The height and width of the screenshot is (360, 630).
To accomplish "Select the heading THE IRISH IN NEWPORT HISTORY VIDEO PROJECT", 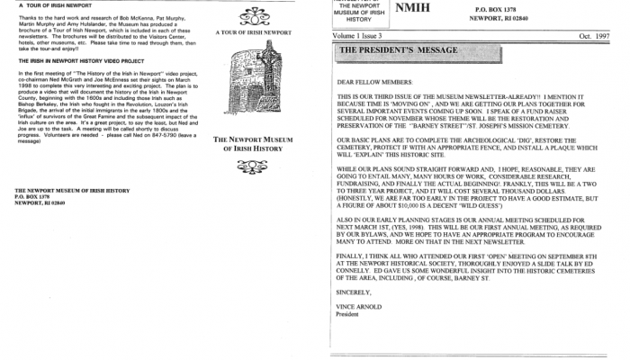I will pyautogui.click(x=79, y=62).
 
